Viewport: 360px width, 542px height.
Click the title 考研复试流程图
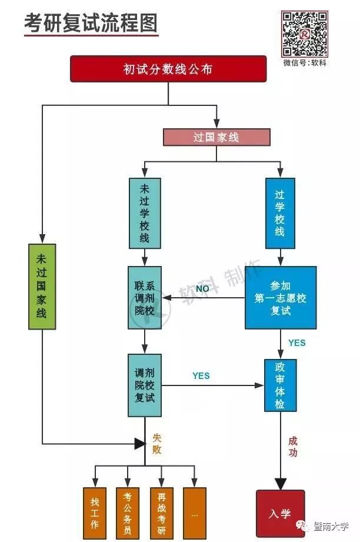pos(91,23)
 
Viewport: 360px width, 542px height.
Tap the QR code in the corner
pos(304,34)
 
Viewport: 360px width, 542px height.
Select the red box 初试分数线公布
pos(168,69)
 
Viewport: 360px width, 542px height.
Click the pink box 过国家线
pos(216,137)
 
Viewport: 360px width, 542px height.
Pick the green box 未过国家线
pos(42,286)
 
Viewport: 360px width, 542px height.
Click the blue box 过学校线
pos(279,212)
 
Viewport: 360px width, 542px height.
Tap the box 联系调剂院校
pos(145,298)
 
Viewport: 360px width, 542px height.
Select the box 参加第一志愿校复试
pos(281,298)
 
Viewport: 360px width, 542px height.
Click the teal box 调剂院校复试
pos(145,385)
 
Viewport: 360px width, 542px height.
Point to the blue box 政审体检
pos(280,385)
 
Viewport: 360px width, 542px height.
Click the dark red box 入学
pos(280,513)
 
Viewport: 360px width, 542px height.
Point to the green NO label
pos(202,289)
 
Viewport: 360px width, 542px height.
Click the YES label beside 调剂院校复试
pos(201,375)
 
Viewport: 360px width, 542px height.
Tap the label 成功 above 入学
pos(292,446)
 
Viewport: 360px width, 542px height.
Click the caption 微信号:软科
pos(304,63)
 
